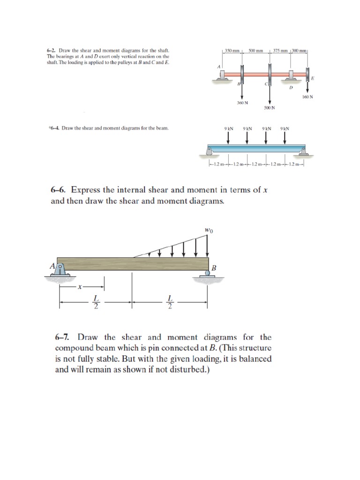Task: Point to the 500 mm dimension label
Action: click(255, 50)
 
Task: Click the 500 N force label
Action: click(269, 107)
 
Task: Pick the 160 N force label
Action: click(307, 97)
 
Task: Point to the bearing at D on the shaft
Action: click(292, 75)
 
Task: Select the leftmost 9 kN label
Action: click(228, 127)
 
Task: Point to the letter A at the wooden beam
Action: click(52, 266)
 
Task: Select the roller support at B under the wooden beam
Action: click(207, 275)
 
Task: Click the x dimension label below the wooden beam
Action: click(81, 287)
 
